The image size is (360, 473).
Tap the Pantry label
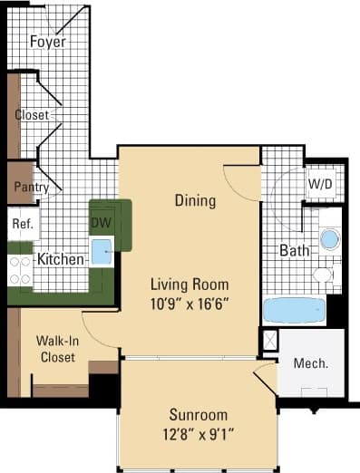click(24, 187)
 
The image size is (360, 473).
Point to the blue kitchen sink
click(102, 252)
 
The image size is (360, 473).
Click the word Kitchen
click(61, 260)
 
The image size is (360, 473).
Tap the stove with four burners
click(19, 269)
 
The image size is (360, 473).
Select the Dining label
click(195, 200)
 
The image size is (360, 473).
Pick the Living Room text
click(190, 283)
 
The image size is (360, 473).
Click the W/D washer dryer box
click(320, 185)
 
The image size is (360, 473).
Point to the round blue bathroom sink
click(330, 239)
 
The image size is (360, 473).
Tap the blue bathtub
click(293, 310)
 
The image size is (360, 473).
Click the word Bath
click(295, 250)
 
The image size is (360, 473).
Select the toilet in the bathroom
click(324, 275)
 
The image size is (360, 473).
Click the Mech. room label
click(310, 364)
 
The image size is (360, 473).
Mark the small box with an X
click(269, 341)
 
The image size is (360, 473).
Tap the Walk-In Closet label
click(56, 349)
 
